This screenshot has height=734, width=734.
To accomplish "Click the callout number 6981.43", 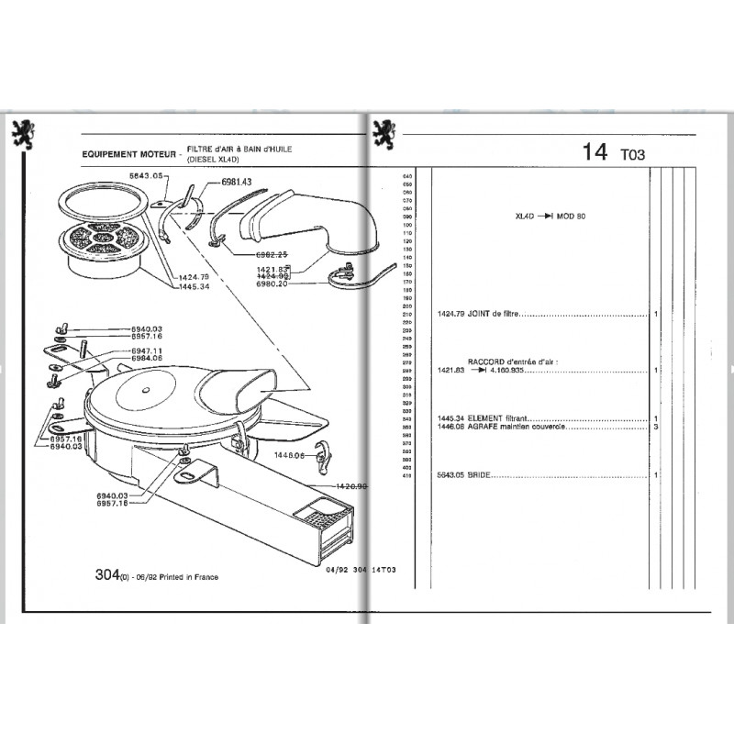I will (x=237, y=183).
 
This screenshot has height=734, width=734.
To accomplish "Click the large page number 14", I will (x=595, y=152).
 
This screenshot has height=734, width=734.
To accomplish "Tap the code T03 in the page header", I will (x=633, y=155).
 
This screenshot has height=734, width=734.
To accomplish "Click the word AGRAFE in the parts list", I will (x=484, y=428).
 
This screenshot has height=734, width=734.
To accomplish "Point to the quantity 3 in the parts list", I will (x=657, y=428).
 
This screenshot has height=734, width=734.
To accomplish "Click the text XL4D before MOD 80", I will (x=525, y=217).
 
